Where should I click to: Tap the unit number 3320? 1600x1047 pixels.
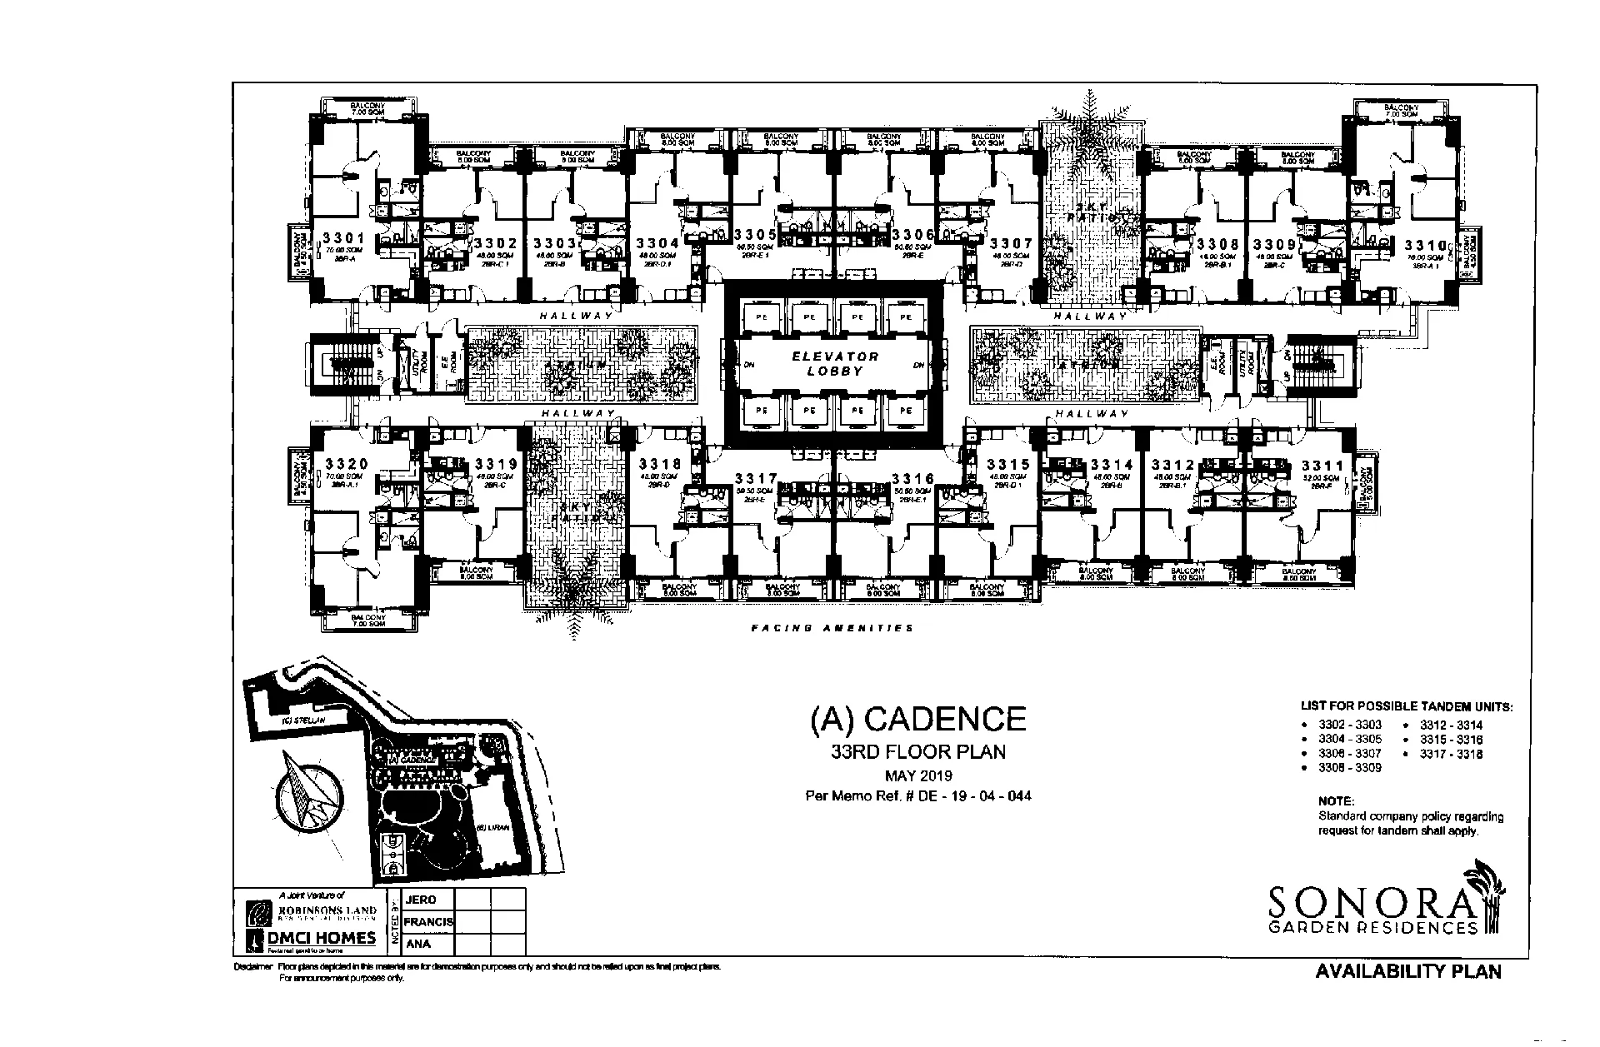(x=347, y=464)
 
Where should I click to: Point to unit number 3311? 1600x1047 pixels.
(x=1322, y=466)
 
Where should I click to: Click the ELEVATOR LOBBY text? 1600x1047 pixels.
(x=835, y=363)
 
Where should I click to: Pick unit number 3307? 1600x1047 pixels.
(x=1011, y=244)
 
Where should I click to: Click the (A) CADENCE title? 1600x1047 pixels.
(x=918, y=719)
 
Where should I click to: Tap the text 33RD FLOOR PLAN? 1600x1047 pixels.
(x=918, y=752)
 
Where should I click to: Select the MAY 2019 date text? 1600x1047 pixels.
(x=918, y=775)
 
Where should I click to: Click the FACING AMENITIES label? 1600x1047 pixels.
(x=832, y=628)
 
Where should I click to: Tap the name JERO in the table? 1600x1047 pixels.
(x=420, y=900)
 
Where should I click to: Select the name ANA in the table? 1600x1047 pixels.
(x=417, y=945)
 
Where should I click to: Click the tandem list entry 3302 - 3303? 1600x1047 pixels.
(x=1349, y=725)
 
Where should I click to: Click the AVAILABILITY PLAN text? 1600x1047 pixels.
(x=1407, y=971)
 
